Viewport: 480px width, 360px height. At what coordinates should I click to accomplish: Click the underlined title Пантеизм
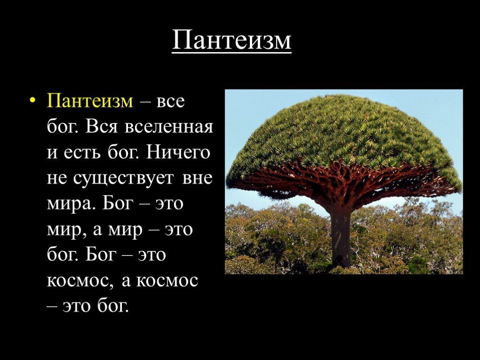pos(232,40)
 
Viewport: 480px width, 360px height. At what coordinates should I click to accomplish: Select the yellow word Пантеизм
pos(90,101)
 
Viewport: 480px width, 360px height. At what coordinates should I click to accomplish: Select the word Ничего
pos(178,152)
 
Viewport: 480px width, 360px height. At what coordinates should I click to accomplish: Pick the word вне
pos(197,179)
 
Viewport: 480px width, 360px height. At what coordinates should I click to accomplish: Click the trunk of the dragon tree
pos(341,236)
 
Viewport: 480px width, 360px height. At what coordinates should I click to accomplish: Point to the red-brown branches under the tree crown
pos(343,180)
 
